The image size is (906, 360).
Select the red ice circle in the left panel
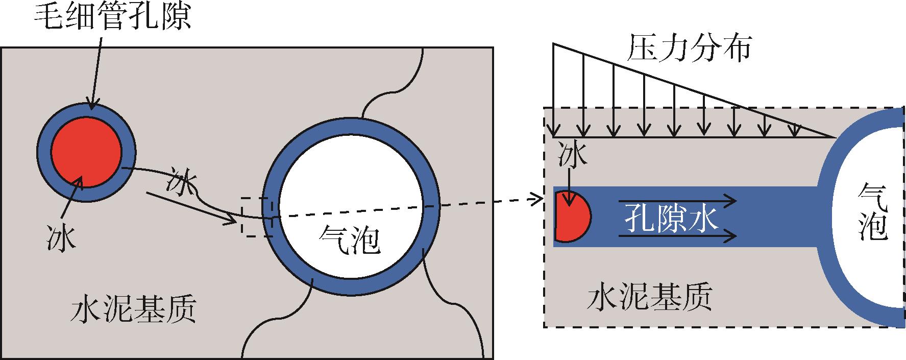click(x=87, y=151)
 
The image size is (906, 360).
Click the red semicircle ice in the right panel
click(x=572, y=217)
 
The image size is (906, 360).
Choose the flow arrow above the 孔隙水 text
click(x=678, y=201)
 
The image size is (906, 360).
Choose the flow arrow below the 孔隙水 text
click(x=678, y=236)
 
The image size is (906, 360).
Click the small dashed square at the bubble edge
click(x=257, y=217)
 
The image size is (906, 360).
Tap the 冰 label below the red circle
click(x=60, y=237)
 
